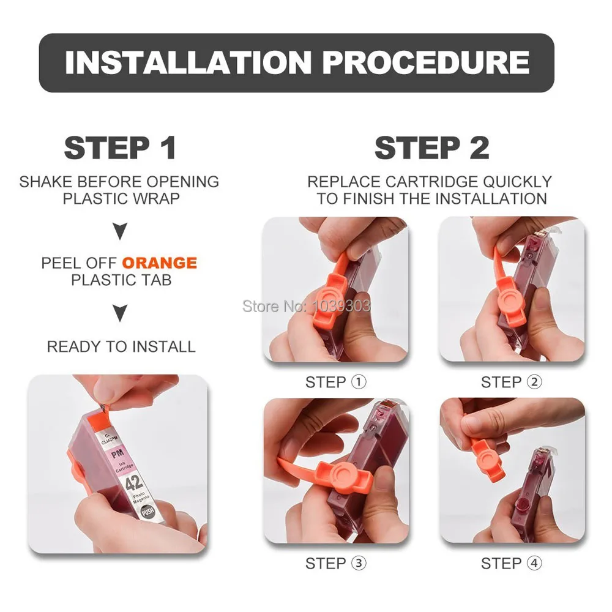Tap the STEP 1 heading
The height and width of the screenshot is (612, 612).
point(120,148)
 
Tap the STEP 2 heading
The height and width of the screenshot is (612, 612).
point(431,148)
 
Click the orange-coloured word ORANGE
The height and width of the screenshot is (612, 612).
point(160,263)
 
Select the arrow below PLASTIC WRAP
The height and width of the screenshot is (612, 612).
point(120,231)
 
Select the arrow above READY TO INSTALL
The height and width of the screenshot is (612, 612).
point(120,313)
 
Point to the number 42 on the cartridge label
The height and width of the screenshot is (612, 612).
point(133,483)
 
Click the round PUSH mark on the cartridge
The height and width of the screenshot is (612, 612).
point(147,511)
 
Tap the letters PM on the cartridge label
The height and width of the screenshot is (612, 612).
point(117,454)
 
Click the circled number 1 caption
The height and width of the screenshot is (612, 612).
point(359,382)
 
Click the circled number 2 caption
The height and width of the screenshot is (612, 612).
point(534,382)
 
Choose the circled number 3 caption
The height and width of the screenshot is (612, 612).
point(359,563)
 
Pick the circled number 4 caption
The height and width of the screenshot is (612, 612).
point(534,563)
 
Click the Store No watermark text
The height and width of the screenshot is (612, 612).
point(307,306)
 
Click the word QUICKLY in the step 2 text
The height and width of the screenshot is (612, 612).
point(517,182)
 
